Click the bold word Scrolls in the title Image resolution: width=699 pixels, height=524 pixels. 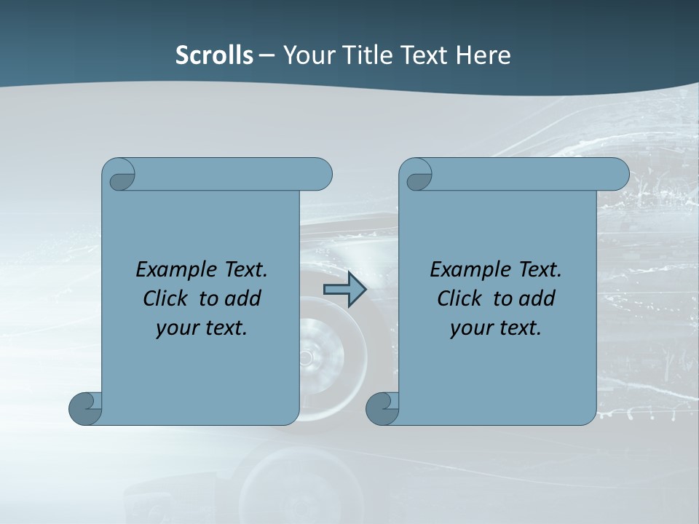(215, 55)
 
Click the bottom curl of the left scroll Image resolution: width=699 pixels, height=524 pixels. (85, 408)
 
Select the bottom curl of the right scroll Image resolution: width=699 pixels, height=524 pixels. (382, 408)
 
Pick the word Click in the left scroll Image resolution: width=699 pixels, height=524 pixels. (159, 298)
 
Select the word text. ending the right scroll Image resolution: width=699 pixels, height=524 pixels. (519, 328)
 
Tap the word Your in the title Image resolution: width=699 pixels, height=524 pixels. (306, 55)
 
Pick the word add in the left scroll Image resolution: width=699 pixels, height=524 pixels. (244, 298)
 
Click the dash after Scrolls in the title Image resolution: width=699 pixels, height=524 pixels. (266, 55)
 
